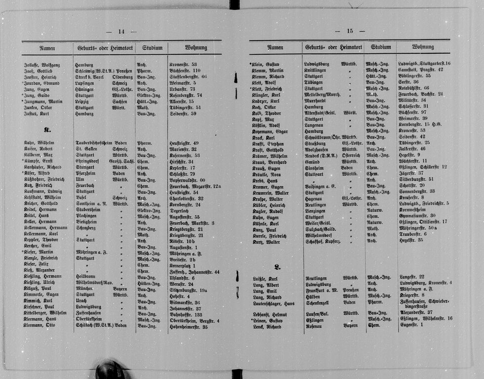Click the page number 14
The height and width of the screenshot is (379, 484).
[121, 32]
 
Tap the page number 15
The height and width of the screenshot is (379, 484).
[350, 31]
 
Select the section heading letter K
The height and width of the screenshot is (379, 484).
[47, 130]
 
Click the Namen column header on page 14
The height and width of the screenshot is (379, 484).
[47, 48]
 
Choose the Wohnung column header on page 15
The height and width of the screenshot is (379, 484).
[423, 47]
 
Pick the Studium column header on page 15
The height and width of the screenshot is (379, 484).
[381, 47]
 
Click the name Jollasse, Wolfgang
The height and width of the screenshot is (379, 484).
[41, 65]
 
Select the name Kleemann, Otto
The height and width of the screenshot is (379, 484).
[39, 326]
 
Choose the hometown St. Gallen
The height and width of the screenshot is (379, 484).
[85, 149]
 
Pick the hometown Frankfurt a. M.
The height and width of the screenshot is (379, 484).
[321, 290]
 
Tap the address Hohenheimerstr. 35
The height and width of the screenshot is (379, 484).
[188, 326]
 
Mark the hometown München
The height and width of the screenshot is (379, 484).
[84, 289]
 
